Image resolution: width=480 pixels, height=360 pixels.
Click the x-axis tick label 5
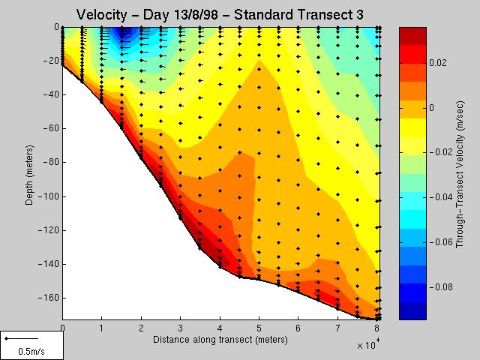coord(259,328)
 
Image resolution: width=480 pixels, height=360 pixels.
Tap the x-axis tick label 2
coord(141,328)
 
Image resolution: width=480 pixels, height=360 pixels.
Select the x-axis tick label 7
coord(338,328)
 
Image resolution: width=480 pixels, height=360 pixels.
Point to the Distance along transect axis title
coord(220,340)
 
